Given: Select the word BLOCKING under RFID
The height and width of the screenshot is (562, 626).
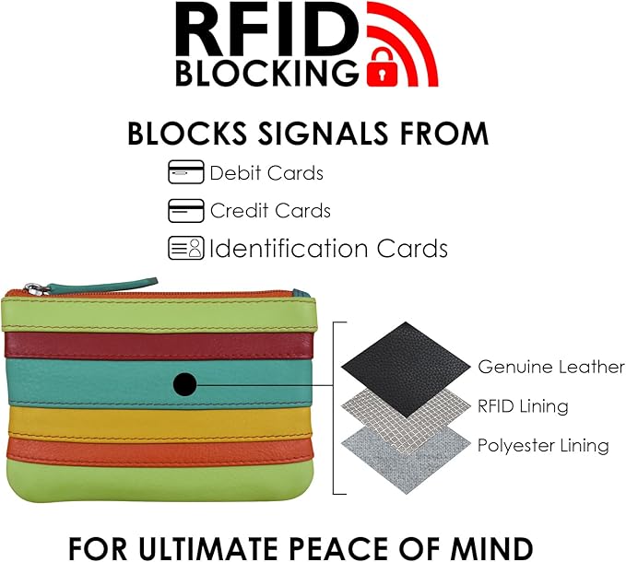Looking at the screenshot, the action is (266, 73).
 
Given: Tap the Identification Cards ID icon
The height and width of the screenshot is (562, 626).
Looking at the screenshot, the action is (186, 248).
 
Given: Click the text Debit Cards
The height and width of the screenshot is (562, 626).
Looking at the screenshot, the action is (266, 173).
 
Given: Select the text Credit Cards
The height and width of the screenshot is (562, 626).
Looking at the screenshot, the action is (270, 211).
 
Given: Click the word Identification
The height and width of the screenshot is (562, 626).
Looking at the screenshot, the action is (289, 248).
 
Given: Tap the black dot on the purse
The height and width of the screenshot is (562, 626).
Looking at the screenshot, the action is (184, 384).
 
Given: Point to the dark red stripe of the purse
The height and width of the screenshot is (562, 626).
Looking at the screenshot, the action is (159, 346).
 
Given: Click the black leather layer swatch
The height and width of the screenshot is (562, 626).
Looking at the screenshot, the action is (406, 369).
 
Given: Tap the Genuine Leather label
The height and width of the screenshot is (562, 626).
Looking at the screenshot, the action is (551, 367).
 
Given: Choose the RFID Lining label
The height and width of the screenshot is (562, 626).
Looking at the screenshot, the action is (523, 406).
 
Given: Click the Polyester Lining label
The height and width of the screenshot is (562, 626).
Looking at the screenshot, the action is (543, 445).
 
